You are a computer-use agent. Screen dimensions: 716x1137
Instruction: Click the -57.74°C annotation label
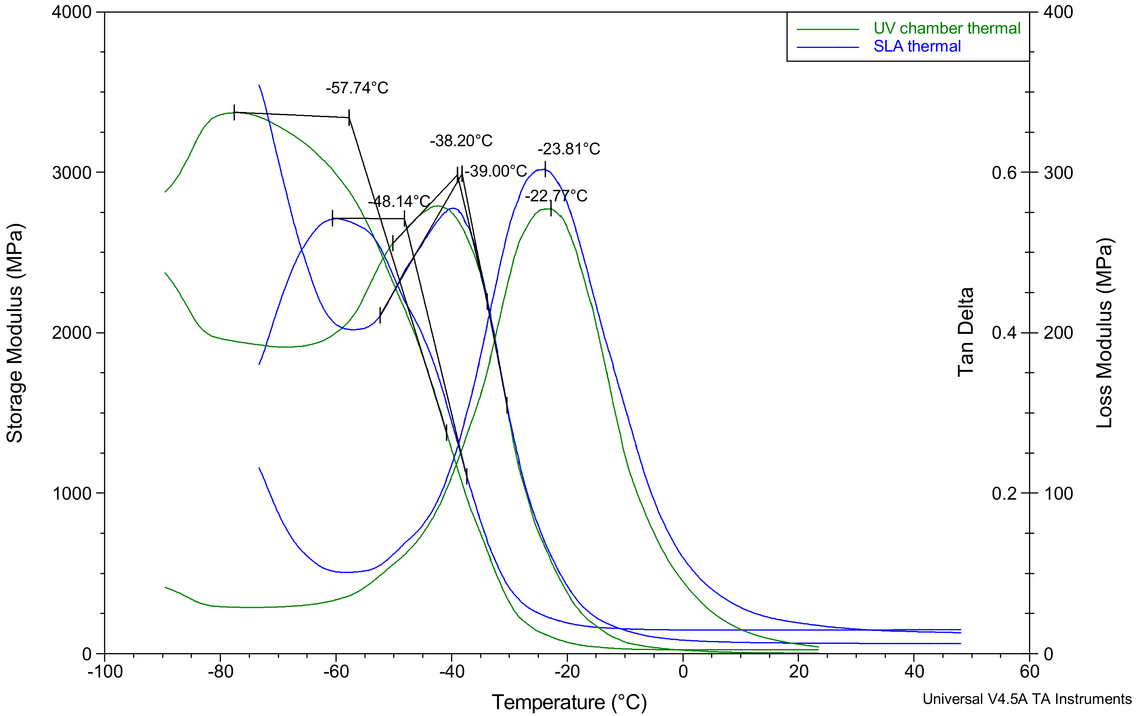pos(357,88)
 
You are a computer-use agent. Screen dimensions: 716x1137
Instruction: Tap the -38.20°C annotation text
pos(461,141)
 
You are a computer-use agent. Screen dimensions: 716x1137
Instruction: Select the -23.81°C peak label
pos(569,149)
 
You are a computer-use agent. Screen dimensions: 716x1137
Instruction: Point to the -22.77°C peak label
pos(556,196)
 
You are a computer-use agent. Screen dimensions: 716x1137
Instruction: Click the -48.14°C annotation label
pos(399,202)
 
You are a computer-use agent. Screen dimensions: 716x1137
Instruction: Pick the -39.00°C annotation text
pos(496,171)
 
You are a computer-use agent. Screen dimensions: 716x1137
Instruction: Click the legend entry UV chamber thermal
pos(947,28)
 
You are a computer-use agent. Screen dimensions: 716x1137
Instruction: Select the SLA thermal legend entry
pos(917,46)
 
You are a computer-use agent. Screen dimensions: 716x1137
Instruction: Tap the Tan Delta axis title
pos(966,332)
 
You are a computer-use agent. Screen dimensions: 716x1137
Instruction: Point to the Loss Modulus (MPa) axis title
pos(1104,333)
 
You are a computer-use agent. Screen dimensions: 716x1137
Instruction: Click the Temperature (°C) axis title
pos(569,702)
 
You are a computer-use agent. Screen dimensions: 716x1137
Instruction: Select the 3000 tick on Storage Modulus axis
pos(72,173)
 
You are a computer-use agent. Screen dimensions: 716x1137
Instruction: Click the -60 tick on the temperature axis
pos(336,671)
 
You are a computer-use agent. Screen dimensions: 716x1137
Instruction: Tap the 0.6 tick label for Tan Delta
pos(1004,173)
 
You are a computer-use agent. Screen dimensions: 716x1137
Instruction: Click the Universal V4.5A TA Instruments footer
pos(1027,699)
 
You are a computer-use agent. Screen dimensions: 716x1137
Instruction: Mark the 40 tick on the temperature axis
pos(914,671)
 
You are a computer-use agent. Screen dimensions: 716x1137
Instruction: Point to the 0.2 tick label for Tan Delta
pos(1004,494)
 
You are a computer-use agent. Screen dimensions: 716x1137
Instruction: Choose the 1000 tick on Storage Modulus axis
pos(72,494)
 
